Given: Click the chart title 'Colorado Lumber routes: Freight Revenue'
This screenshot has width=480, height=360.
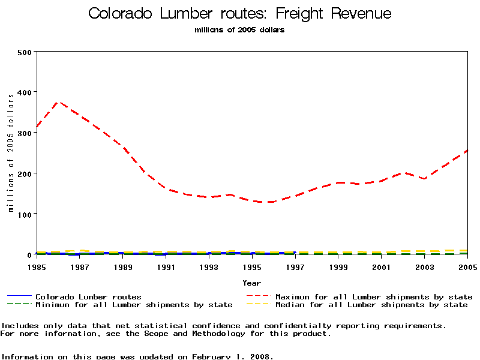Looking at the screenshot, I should tap(239, 14).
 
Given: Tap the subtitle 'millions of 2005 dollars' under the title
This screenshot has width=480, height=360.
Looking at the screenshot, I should tap(239, 30).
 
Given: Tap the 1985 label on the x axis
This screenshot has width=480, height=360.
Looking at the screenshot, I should tap(37, 266).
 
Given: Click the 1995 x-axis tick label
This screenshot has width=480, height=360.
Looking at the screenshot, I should tap(252, 266).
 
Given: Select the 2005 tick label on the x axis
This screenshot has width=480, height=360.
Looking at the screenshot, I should tap(467, 266).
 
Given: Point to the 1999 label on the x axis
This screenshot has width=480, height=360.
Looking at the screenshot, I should tap(338, 266).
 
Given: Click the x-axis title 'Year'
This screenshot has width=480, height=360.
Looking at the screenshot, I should tap(252, 283).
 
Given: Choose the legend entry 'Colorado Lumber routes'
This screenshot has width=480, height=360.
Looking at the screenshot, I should tap(88, 296).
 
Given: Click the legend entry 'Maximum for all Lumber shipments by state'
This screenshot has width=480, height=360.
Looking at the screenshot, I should tap(373, 296).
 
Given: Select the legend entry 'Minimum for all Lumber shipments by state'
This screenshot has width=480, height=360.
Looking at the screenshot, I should tap(134, 305).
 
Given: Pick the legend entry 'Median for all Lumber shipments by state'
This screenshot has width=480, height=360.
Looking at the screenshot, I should tap(371, 305).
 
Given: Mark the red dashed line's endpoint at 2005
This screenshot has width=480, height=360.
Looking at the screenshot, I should tap(467, 151).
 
